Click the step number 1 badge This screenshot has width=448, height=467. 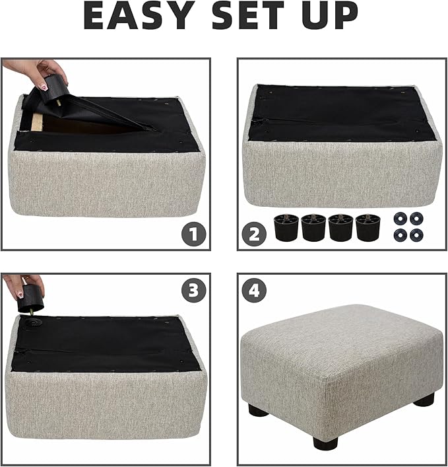193,233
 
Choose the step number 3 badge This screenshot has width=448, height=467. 193,291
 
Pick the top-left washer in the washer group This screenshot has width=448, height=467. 399,218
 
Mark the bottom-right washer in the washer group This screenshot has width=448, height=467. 416,234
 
